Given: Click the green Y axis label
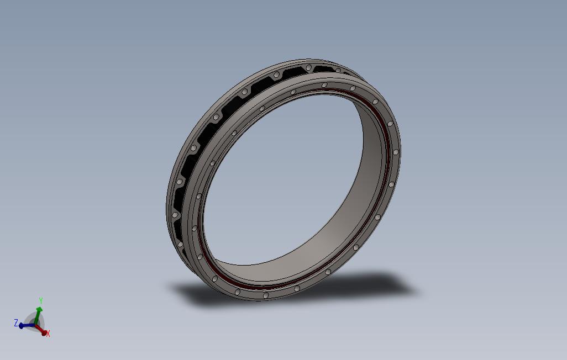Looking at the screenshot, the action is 41,301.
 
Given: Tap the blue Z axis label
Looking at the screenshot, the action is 16,323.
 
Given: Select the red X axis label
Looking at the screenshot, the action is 48,333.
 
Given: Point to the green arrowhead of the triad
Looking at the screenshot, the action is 39,310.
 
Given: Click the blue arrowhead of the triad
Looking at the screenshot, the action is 22,326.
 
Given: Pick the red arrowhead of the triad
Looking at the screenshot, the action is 44,332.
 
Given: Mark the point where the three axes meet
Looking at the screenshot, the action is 35,325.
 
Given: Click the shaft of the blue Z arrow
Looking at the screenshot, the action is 29,326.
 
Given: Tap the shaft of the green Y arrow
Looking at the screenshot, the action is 37,318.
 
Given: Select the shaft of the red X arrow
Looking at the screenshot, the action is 39,328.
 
